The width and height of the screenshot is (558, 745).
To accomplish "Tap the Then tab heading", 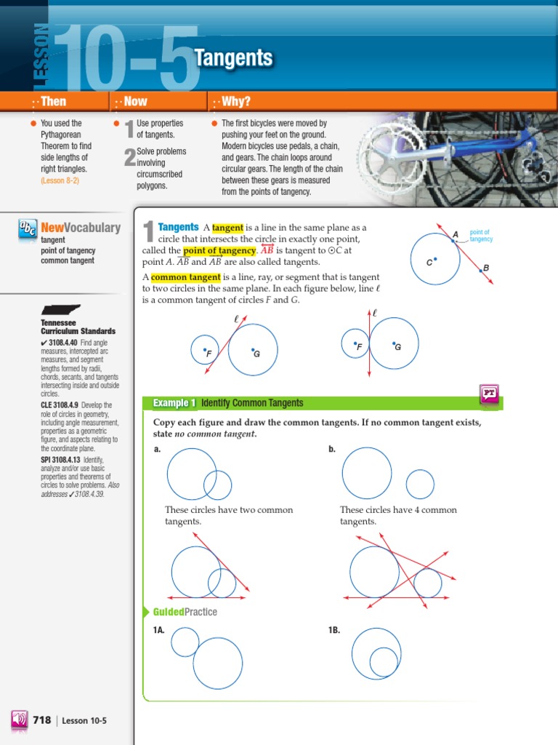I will [x=53, y=102].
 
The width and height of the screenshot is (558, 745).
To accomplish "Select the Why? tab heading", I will [x=235, y=102].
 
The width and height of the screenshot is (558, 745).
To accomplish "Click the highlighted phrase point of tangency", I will [x=219, y=250].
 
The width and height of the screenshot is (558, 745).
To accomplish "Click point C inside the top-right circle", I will [x=435, y=258].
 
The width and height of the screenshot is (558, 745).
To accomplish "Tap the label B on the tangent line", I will [x=486, y=268].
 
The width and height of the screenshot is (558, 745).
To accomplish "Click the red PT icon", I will [x=489, y=394].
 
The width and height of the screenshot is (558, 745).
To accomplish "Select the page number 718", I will [x=42, y=720].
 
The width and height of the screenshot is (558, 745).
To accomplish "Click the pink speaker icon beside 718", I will [x=19, y=720].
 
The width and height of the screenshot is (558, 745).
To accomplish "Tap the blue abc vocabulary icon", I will [x=27, y=228].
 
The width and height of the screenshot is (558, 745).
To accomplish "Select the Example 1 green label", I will [x=174, y=403].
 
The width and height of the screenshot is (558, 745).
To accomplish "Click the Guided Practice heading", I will [x=185, y=612].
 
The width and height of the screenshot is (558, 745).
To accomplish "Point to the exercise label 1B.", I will [x=334, y=630].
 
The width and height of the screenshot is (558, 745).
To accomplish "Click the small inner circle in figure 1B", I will [x=384, y=662].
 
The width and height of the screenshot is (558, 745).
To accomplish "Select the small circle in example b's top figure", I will [x=420, y=484].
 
